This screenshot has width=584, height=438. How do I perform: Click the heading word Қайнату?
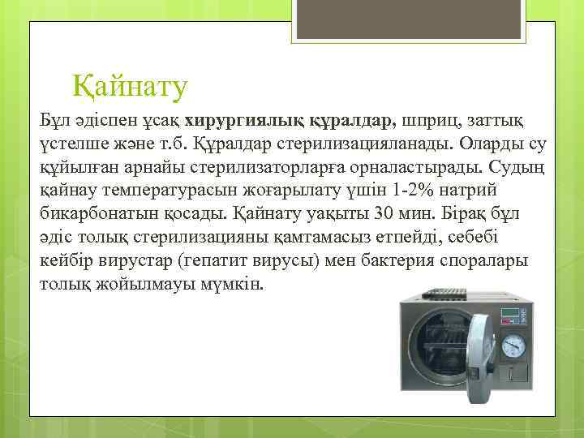(130, 84)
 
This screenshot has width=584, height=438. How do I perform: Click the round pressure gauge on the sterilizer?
(513, 346)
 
